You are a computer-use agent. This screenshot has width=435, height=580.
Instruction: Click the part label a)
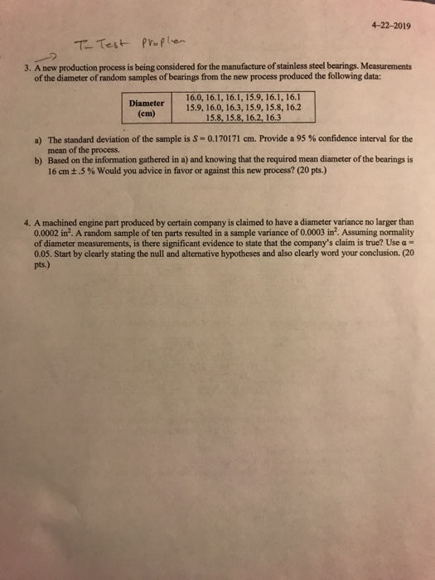[37, 142]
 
